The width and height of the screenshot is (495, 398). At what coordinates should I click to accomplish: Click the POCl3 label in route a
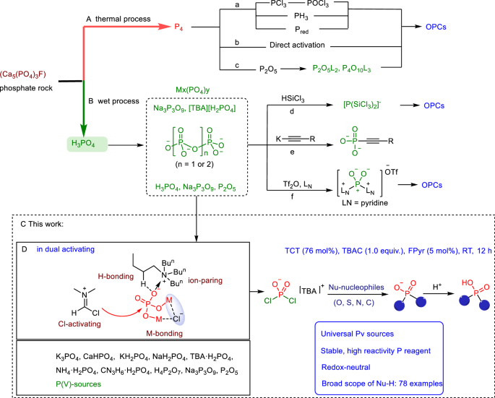coord(334,12)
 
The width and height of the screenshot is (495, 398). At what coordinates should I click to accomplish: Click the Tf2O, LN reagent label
coord(296,165)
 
